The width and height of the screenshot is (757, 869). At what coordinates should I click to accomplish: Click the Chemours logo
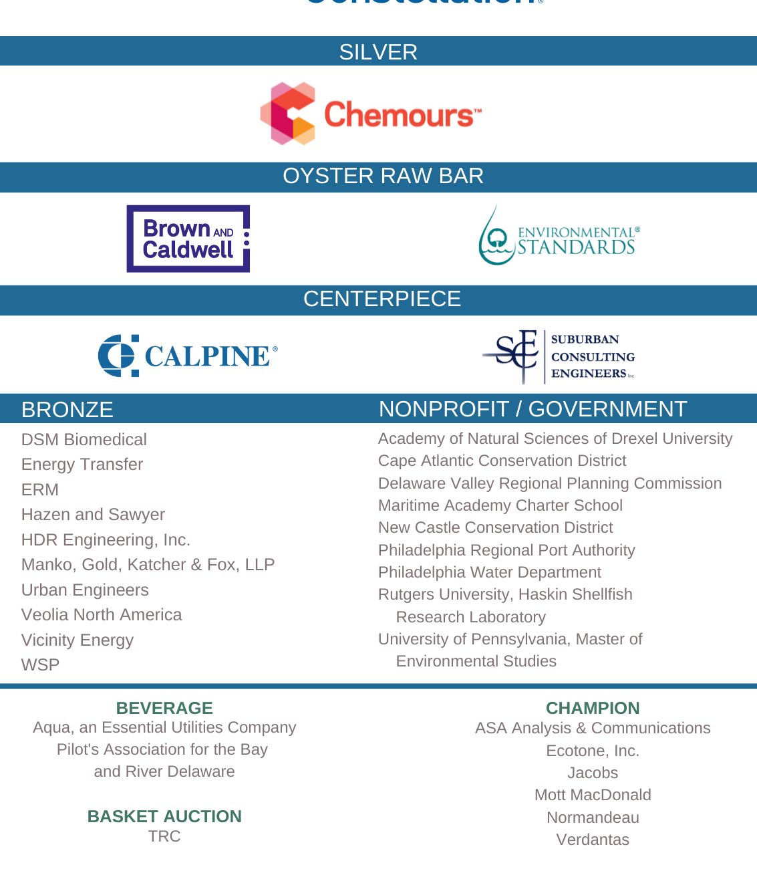pyautogui.click(x=371, y=114)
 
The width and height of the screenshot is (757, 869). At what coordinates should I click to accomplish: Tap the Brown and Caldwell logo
pyautogui.click(x=188, y=239)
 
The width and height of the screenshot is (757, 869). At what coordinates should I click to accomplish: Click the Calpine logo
pyautogui.click(x=188, y=356)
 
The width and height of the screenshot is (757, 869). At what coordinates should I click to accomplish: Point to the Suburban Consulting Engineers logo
pyautogui.click(x=559, y=356)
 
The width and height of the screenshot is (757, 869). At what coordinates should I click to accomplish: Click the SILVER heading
pyautogui.click(x=378, y=52)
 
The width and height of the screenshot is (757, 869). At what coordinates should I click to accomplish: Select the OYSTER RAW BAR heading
pyautogui.click(x=383, y=176)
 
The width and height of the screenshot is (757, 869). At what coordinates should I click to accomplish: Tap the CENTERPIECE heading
pyautogui.click(x=382, y=299)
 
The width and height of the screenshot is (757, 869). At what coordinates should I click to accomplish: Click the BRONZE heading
pyautogui.click(x=67, y=409)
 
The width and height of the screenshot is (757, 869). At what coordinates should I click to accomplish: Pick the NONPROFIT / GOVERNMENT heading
pyautogui.click(x=533, y=408)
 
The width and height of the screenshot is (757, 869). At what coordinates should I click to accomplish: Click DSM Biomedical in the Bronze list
pyautogui.click(x=84, y=439)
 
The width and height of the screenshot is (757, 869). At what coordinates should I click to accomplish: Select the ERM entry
pyautogui.click(x=40, y=489)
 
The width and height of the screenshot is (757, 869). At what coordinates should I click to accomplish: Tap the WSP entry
pyautogui.click(x=41, y=664)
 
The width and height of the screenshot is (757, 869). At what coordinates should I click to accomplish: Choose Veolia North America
pyautogui.click(x=102, y=614)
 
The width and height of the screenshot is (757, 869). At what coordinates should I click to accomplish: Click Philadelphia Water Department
pyautogui.click(x=490, y=572)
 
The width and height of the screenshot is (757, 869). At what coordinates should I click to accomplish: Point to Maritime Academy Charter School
pyautogui.click(x=500, y=505)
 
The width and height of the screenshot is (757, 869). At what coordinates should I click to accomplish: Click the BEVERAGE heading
pyautogui.click(x=164, y=708)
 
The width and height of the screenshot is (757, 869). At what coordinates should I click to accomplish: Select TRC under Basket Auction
pyautogui.click(x=164, y=836)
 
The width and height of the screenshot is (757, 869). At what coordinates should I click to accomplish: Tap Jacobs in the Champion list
pyautogui.click(x=593, y=773)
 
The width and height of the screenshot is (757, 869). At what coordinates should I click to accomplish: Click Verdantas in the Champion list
pyautogui.click(x=593, y=840)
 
